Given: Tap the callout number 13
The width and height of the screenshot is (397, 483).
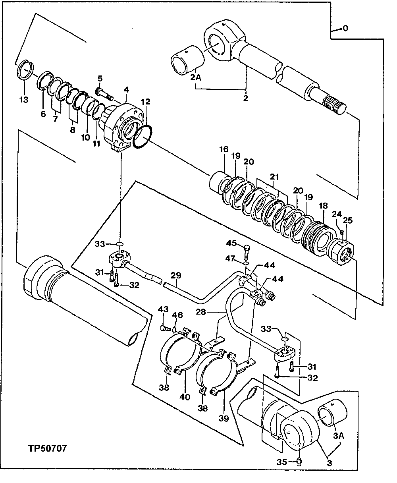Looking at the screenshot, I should click(x=24, y=99).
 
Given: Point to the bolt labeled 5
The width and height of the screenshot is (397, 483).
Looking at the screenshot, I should click(x=104, y=95).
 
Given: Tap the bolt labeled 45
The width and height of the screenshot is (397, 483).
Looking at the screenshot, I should click(x=246, y=250).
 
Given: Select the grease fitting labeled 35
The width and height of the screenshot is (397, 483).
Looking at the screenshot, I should click(x=300, y=461).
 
